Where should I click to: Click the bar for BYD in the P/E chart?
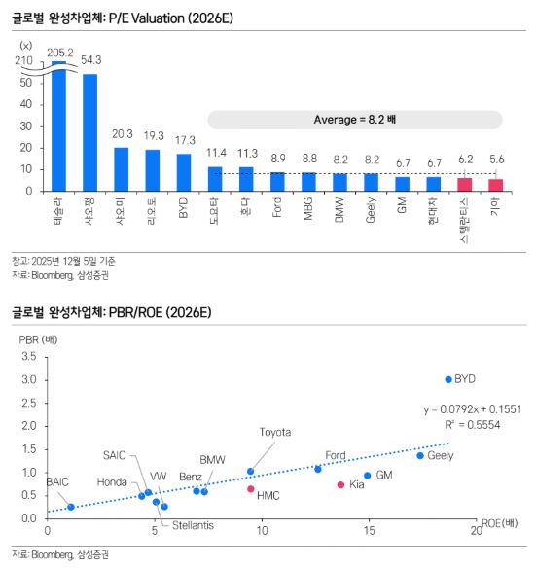coord(183,172)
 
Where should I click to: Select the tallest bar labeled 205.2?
coord(58,126)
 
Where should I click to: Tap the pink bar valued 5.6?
coord(496,185)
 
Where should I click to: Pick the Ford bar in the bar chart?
coord(277,181)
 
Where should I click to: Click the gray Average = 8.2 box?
coord(354,119)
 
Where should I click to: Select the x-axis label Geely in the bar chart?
coord(372,212)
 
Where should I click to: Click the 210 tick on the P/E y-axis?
coord(24,60)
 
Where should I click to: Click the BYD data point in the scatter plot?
coord(448,379)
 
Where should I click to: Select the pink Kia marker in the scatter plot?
coord(340,484)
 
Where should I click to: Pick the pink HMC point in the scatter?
coord(251,489)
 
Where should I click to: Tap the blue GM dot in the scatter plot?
coord(368,476)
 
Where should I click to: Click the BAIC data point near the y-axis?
coord(71,507)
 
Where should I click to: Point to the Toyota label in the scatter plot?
coord(275,432)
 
